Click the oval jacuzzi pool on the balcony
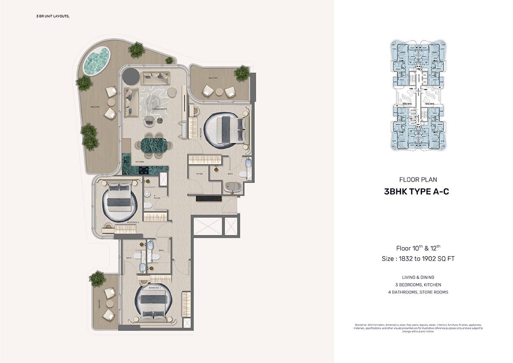pyautogui.click(x=97, y=61)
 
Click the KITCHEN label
pyautogui.click(x=140, y=162)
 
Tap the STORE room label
pyautogui.click(x=199, y=174)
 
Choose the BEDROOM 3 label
pyautogui.click(x=154, y=287)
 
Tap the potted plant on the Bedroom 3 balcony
pyautogui.click(x=97, y=279)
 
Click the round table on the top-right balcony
pyautogui.click(x=219, y=91)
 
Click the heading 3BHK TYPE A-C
pyautogui.click(x=416, y=192)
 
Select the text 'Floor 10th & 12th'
pyautogui.click(x=418, y=248)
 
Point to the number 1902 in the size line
pyautogui.click(x=432, y=259)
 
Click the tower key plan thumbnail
pyautogui.click(x=418, y=96)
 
